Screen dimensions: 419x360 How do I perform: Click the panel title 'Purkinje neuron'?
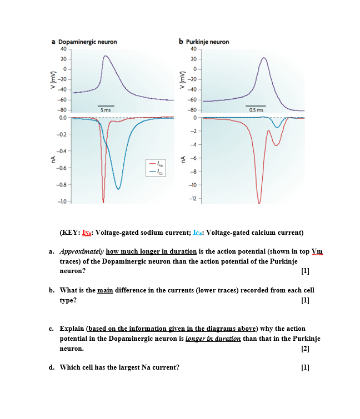[207, 42]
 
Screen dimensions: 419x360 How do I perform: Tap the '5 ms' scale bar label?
[106, 110]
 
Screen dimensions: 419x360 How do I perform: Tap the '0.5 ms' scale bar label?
[256, 110]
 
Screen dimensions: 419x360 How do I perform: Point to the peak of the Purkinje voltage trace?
[264, 57]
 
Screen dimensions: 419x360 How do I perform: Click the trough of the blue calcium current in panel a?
[118, 189]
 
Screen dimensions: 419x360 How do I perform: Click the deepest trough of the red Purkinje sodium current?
[259, 203]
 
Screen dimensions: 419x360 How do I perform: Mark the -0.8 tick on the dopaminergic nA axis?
[64, 184]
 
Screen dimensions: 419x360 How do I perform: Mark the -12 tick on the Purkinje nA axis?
[193, 199]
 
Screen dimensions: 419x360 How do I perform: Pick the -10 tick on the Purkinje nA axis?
[193, 185]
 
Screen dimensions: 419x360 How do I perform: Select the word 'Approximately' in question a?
[78, 251]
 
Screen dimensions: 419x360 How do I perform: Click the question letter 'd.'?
[52, 367]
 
